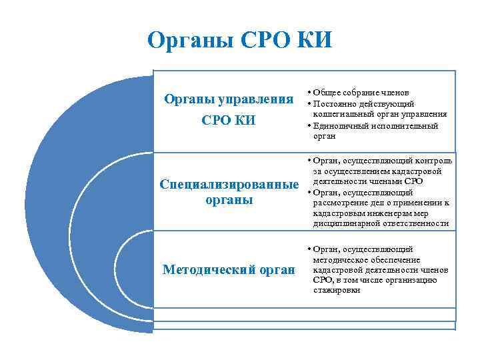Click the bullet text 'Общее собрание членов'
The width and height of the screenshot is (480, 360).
tap(361, 93)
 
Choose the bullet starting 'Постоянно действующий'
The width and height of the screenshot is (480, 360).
tap(363, 103)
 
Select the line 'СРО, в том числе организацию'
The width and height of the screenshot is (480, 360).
tap(375, 280)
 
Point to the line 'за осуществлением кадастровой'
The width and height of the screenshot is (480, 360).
tap(377, 171)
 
